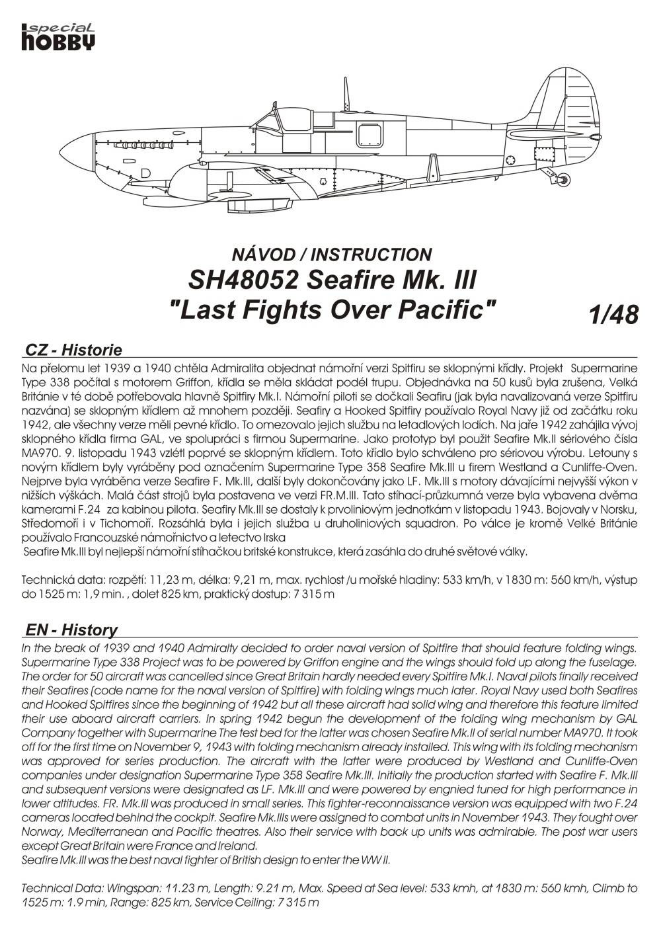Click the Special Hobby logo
pos(59,36)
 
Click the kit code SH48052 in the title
pos(241,280)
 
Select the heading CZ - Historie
pos(73,350)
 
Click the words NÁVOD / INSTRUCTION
pos(331,254)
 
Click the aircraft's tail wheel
pos(562,179)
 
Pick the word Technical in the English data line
pos(46,888)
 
